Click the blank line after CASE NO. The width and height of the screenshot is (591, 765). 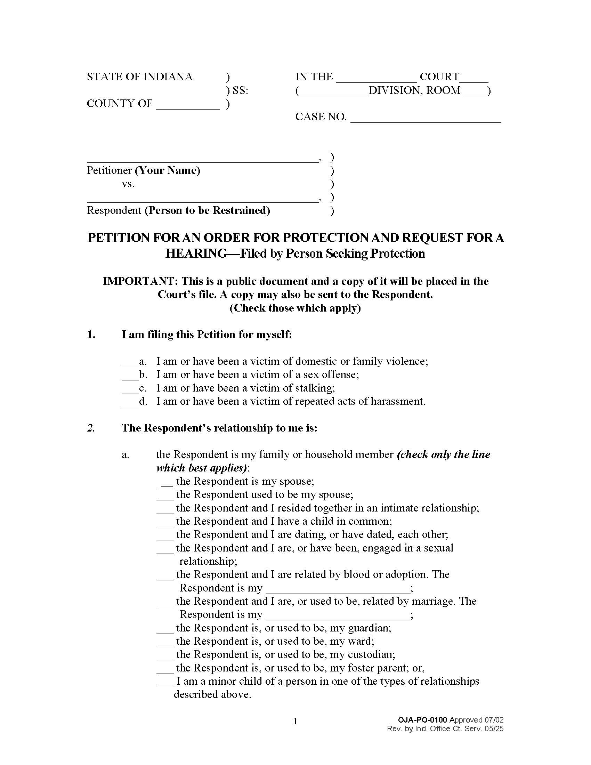click(426, 119)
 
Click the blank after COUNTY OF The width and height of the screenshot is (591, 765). click(187, 106)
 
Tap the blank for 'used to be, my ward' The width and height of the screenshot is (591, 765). click(165, 643)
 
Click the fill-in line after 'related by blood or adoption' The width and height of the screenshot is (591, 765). click(338, 590)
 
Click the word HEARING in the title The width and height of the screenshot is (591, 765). click(196, 253)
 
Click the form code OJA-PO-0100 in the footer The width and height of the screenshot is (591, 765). click(422, 720)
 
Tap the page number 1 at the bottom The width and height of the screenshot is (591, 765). click(295, 721)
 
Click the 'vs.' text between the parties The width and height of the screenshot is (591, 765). click(128, 184)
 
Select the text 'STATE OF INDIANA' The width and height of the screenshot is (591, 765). click(139, 77)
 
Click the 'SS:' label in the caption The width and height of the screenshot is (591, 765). click(240, 90)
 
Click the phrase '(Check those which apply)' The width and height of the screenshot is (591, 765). click(295, 308)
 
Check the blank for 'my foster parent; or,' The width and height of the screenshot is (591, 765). click(165, 670)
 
